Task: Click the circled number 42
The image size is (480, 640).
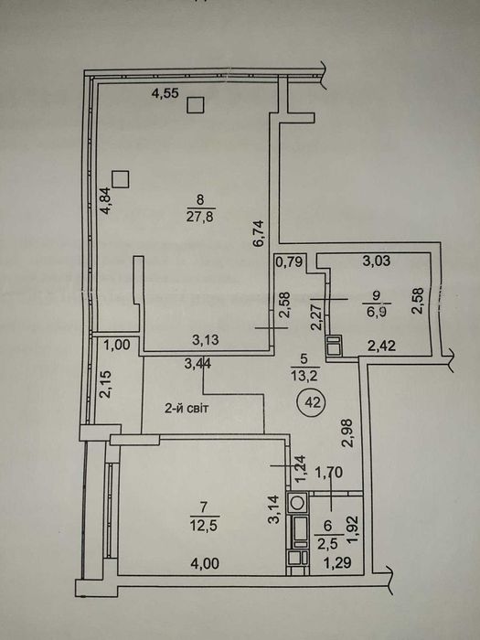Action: pyautogui.click(x=313, y=400)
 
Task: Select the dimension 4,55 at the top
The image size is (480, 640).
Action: pyautogui.click(x=165, y=92)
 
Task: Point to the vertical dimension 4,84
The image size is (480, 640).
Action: pyautogui.click(x=106, y=200)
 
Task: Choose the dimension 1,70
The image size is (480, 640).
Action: pyautogui.click(x=328, y=474)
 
